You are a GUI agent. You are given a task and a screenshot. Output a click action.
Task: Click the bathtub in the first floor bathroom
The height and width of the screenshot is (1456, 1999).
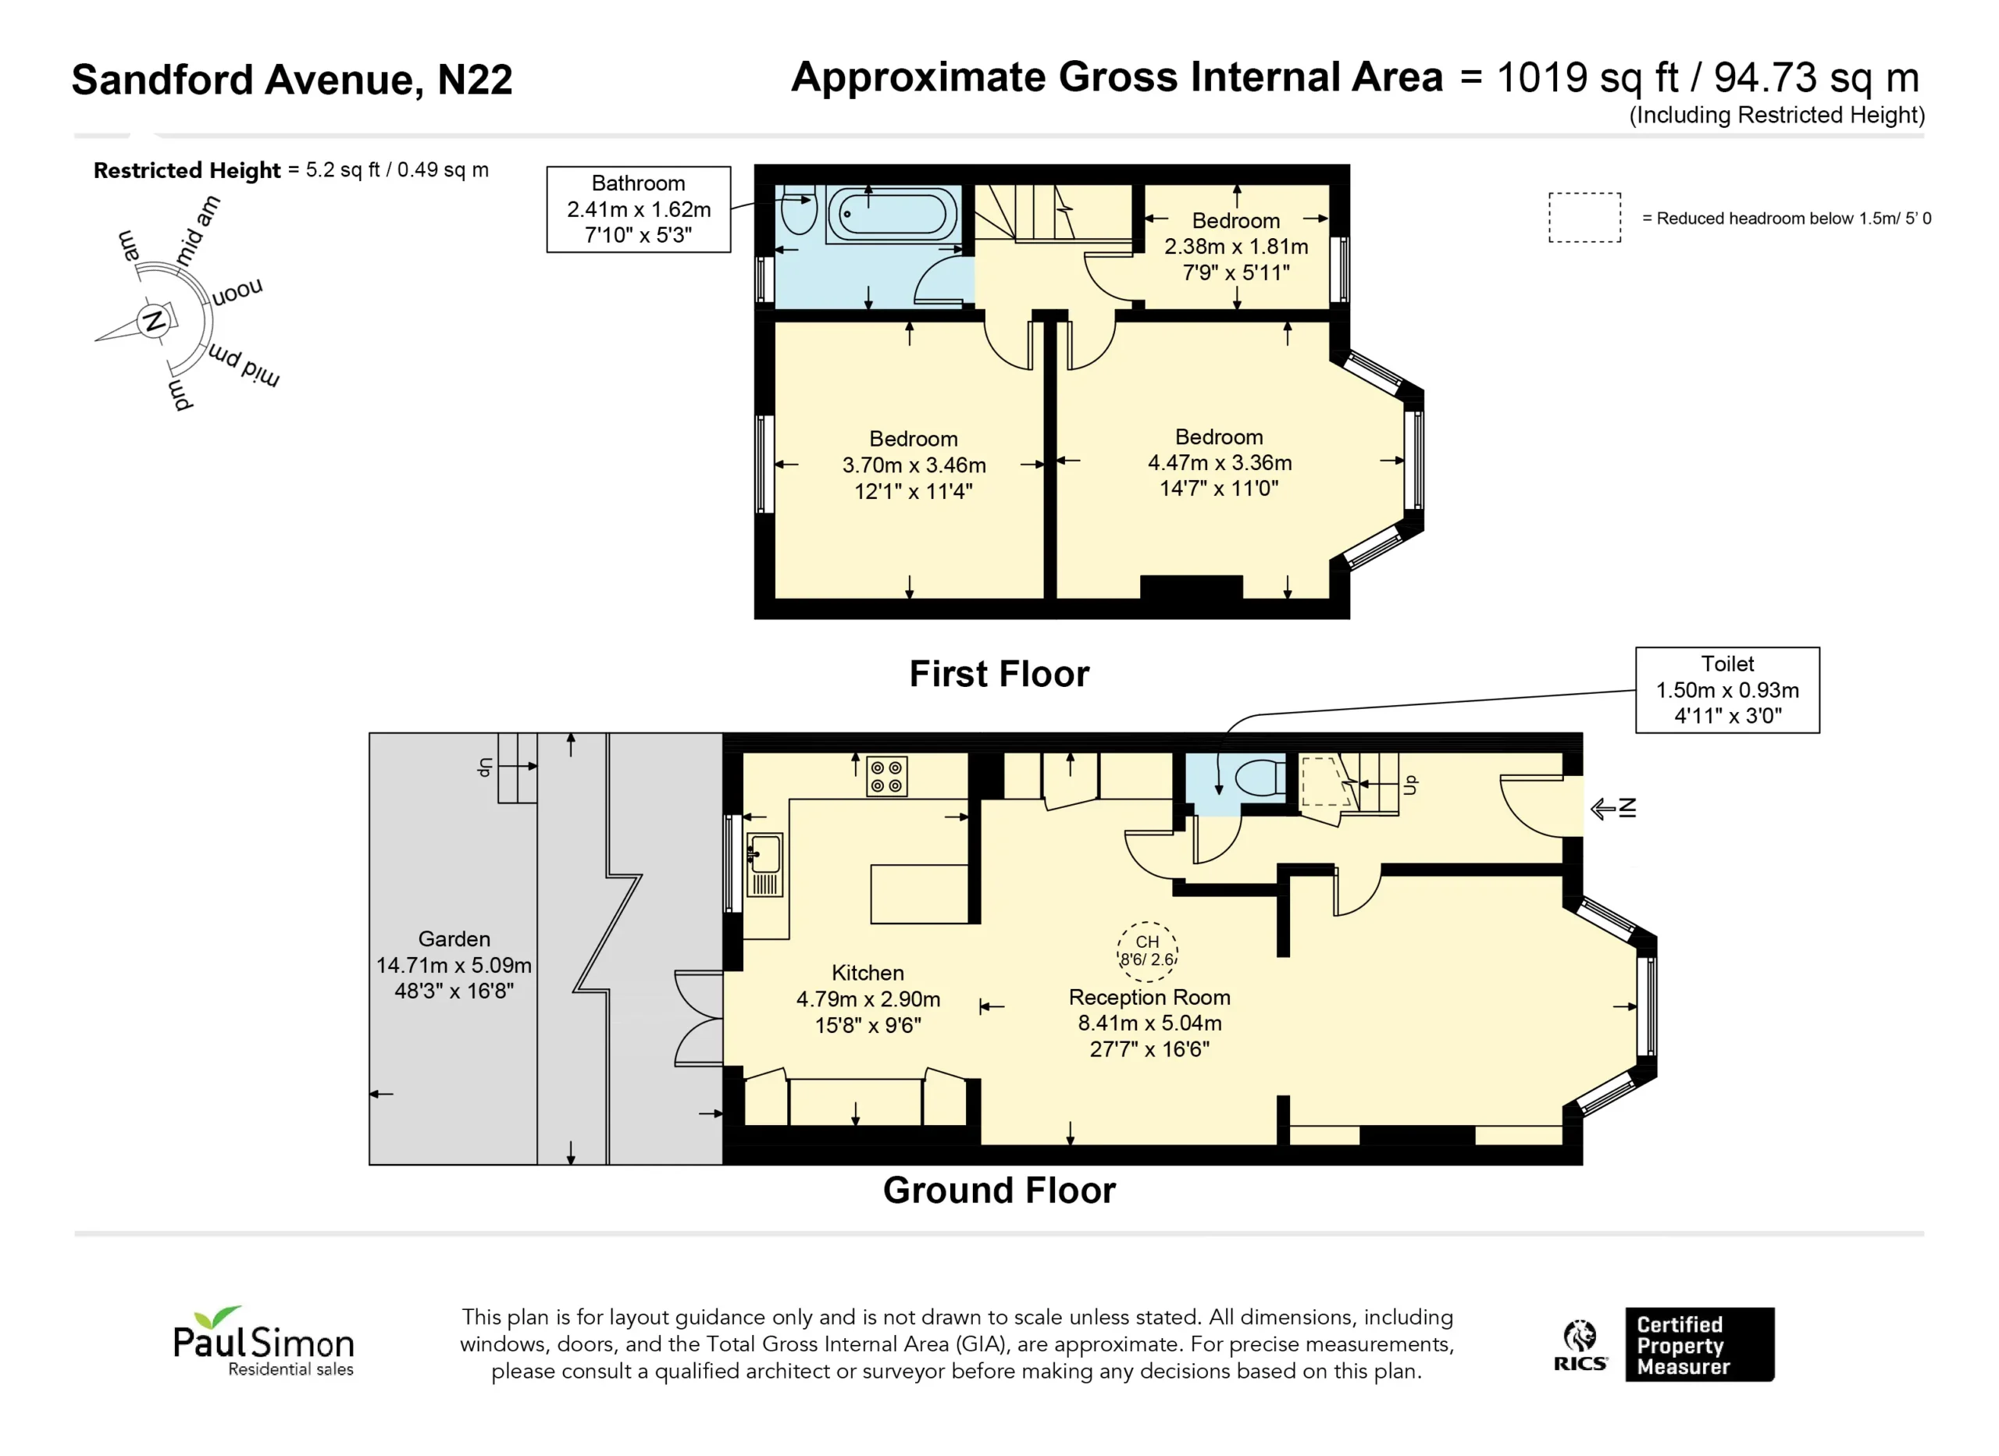pos(893,214)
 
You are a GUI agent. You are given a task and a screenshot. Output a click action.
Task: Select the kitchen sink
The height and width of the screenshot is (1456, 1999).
pos(765,864)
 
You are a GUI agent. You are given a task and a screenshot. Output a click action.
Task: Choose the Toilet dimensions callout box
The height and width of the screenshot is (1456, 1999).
pos(1727,690)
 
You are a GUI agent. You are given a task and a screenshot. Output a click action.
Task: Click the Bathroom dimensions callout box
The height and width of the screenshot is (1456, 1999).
pos(638,210)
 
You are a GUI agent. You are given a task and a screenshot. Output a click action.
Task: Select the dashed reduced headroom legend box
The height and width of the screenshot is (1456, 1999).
pos(1584,218)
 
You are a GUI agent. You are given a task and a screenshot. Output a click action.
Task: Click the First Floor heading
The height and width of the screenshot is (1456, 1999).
pos(999,675)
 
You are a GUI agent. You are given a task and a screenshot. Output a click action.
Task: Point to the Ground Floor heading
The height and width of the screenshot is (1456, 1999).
pos(999,1191)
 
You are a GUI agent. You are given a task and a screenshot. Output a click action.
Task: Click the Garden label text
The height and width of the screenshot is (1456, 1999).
pos(454,938)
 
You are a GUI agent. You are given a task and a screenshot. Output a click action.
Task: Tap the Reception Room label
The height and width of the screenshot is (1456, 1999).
pos(1149,997)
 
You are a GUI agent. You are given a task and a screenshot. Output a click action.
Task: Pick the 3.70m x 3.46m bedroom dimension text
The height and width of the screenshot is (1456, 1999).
pos(914,465)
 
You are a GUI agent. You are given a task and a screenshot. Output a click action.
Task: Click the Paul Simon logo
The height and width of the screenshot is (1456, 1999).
pos(263,1341)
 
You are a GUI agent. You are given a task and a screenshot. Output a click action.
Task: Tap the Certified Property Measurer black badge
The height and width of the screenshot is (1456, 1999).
pos(1699,1345)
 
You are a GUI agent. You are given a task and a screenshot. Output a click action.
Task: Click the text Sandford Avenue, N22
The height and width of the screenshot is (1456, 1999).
pos(292,80)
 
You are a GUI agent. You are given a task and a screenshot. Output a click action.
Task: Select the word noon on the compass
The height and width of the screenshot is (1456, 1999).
pos(237,292)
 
